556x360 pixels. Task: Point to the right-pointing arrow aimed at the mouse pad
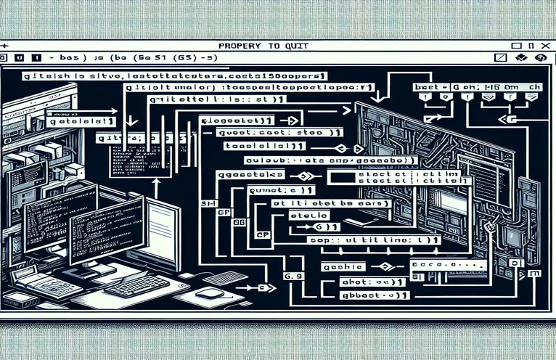250,288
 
